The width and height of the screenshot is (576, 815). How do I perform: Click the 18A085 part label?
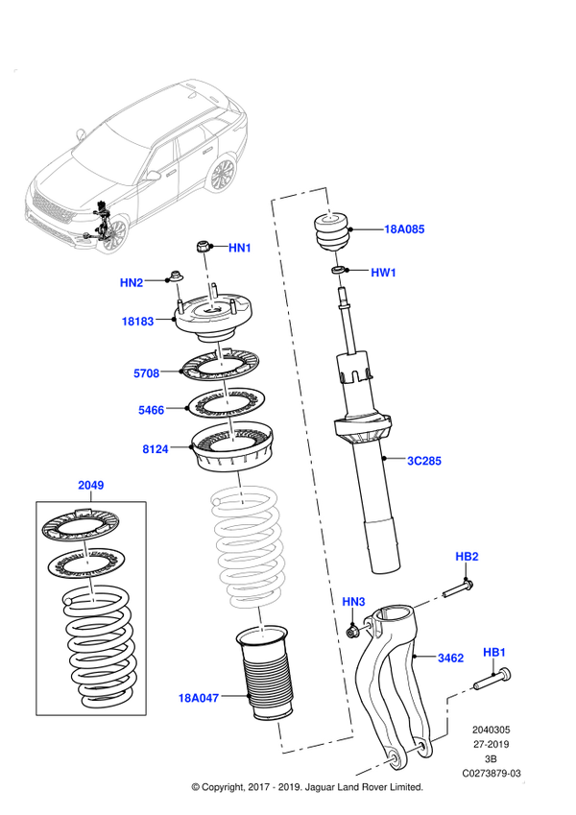(404, 229)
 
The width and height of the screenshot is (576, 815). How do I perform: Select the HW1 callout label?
(384, 273)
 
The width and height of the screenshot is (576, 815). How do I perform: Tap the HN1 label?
(240, 248)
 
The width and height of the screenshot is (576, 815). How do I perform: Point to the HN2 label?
(132, 282)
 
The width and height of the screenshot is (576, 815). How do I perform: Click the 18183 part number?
(137, 322)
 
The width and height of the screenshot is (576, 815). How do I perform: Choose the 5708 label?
(146, 373)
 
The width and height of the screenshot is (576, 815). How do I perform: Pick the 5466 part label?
(151, 410)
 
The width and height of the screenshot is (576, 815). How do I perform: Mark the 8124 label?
(156, 448)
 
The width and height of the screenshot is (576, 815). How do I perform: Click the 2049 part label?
(90, 486)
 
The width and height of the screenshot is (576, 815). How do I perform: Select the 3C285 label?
(424, 461)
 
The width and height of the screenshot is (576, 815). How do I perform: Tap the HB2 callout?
(468, 557)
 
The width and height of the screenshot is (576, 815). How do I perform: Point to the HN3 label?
(354, 602)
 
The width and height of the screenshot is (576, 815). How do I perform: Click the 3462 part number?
(450, 658)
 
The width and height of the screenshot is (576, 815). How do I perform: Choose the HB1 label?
(493, 653)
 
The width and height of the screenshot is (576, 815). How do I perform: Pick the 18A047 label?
(199, 698)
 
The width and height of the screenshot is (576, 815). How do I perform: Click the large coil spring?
(248, 547)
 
